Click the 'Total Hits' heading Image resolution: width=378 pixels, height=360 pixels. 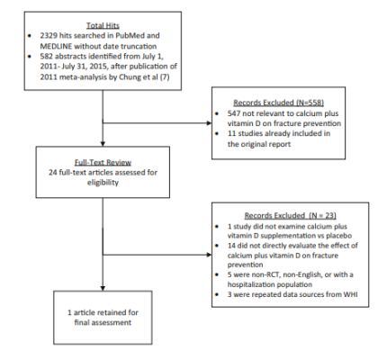point(103,25)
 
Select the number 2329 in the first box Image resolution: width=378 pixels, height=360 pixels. point(49,36)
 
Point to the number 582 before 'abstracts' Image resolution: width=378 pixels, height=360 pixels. point(47,57)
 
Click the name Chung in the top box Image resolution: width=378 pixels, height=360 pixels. point(130,77)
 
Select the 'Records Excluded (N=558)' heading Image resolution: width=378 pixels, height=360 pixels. point(279,103)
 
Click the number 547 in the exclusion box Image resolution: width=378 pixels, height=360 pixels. point(234,113)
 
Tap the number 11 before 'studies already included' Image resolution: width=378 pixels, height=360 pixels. point(231,133)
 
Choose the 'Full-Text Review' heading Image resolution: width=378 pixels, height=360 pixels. point(103,162)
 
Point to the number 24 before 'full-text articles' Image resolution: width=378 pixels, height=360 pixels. point(53,173)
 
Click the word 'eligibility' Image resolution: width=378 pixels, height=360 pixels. point(103,183)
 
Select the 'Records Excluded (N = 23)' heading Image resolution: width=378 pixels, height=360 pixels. point(291,215)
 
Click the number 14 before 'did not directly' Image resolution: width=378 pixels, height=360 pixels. point(231,246)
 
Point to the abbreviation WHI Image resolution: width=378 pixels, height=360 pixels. point(350,294)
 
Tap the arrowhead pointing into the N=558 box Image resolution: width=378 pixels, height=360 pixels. point(209,123)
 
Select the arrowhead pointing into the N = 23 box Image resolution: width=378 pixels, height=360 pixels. point(209,255)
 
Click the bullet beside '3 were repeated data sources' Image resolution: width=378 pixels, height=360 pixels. point(217,294)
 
